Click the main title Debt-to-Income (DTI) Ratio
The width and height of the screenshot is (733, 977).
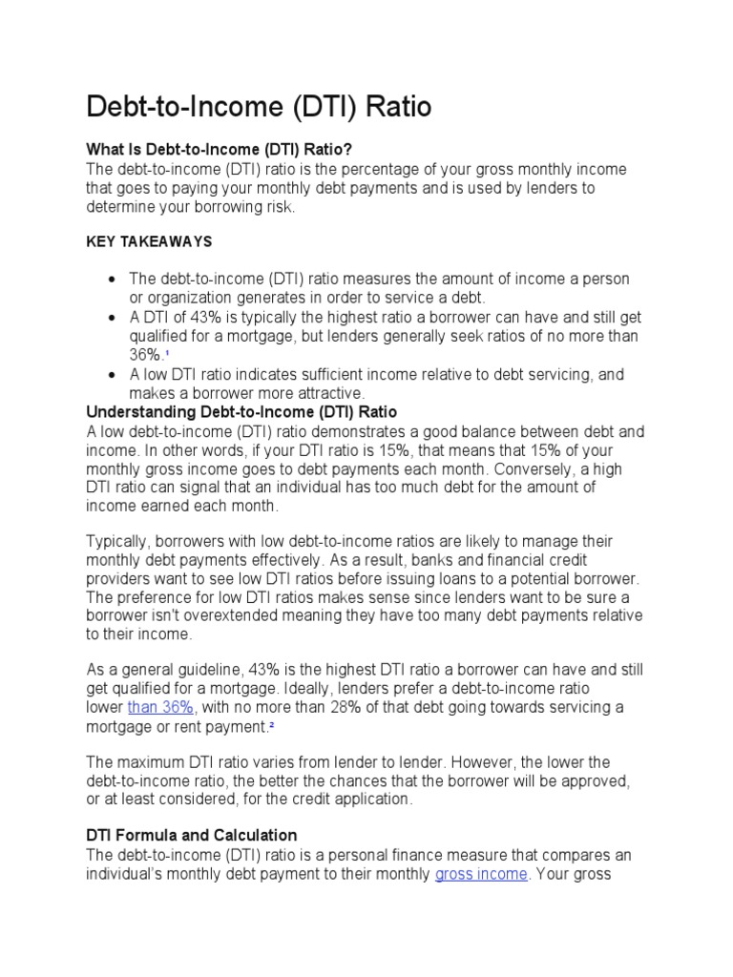[x=259, y=107]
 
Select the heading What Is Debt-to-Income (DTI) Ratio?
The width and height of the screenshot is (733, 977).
[x=220, y=150]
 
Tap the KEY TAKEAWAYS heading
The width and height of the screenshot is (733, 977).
[x=149, y=242]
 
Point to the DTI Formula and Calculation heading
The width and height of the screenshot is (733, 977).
[x=192, y=835]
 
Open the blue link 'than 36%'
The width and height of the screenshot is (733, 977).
[x=161, y=707]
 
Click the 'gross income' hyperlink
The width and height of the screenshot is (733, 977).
[x=480, y=874]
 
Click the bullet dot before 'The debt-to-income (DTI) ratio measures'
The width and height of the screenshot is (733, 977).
[x=114, y=279]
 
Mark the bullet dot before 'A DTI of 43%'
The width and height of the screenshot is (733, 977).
[x=114, y=317]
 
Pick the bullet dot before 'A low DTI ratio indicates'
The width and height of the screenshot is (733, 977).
[x=114, y=375]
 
